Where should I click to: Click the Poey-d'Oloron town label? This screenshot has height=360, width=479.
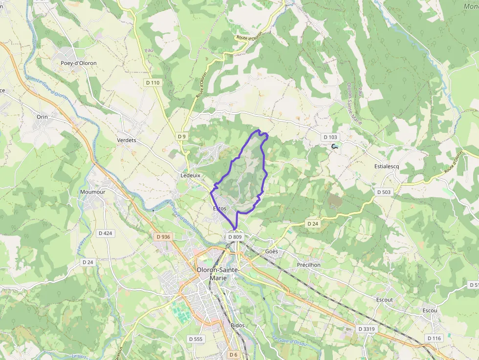pyautogui.click(x=78, y=64)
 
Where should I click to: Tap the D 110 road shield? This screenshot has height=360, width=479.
pyautogui.click(x=153, y=83)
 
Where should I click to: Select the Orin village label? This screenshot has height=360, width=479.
pyautogui.click(x=42, y=117)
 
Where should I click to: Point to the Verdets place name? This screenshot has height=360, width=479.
pyautogui.click(x=127, y=141)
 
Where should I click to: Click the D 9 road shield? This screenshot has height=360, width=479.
pyautogui.click(x=182, y=136)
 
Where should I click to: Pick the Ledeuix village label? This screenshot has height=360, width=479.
pyautogui.click(x=191, y=175)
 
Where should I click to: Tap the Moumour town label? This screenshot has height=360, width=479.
pyautogui.click(x=92, y=192)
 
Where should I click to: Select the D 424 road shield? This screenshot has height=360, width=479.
pyautogui.click(x=105, y=233)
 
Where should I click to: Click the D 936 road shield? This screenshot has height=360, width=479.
pyautogui.click(x=164, y=237)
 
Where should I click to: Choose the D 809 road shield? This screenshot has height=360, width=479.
pyautogui.click(x=235, y=237)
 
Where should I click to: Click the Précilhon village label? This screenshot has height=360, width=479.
pyautogui.click(x=309, y=265)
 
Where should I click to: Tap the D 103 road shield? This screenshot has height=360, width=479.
pyautogui.click(x=330, y=137)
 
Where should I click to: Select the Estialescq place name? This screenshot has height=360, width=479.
pyautogui.click(x=386, y=166)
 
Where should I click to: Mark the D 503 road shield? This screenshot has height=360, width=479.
pyautogui.click(x=384, y=192)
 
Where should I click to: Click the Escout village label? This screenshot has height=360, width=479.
pyautogui.click(x=384, y=299)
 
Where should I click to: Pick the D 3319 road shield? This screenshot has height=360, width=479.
pyautogui.click(x=366, y=329)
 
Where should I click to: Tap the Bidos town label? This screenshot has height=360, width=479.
pyautogui.click(x=237, y=325)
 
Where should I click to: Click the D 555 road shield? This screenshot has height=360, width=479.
pyautogui.click(x=195, y=339)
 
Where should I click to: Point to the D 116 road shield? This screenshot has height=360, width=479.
pyautogui.click(x=434, y=338)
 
